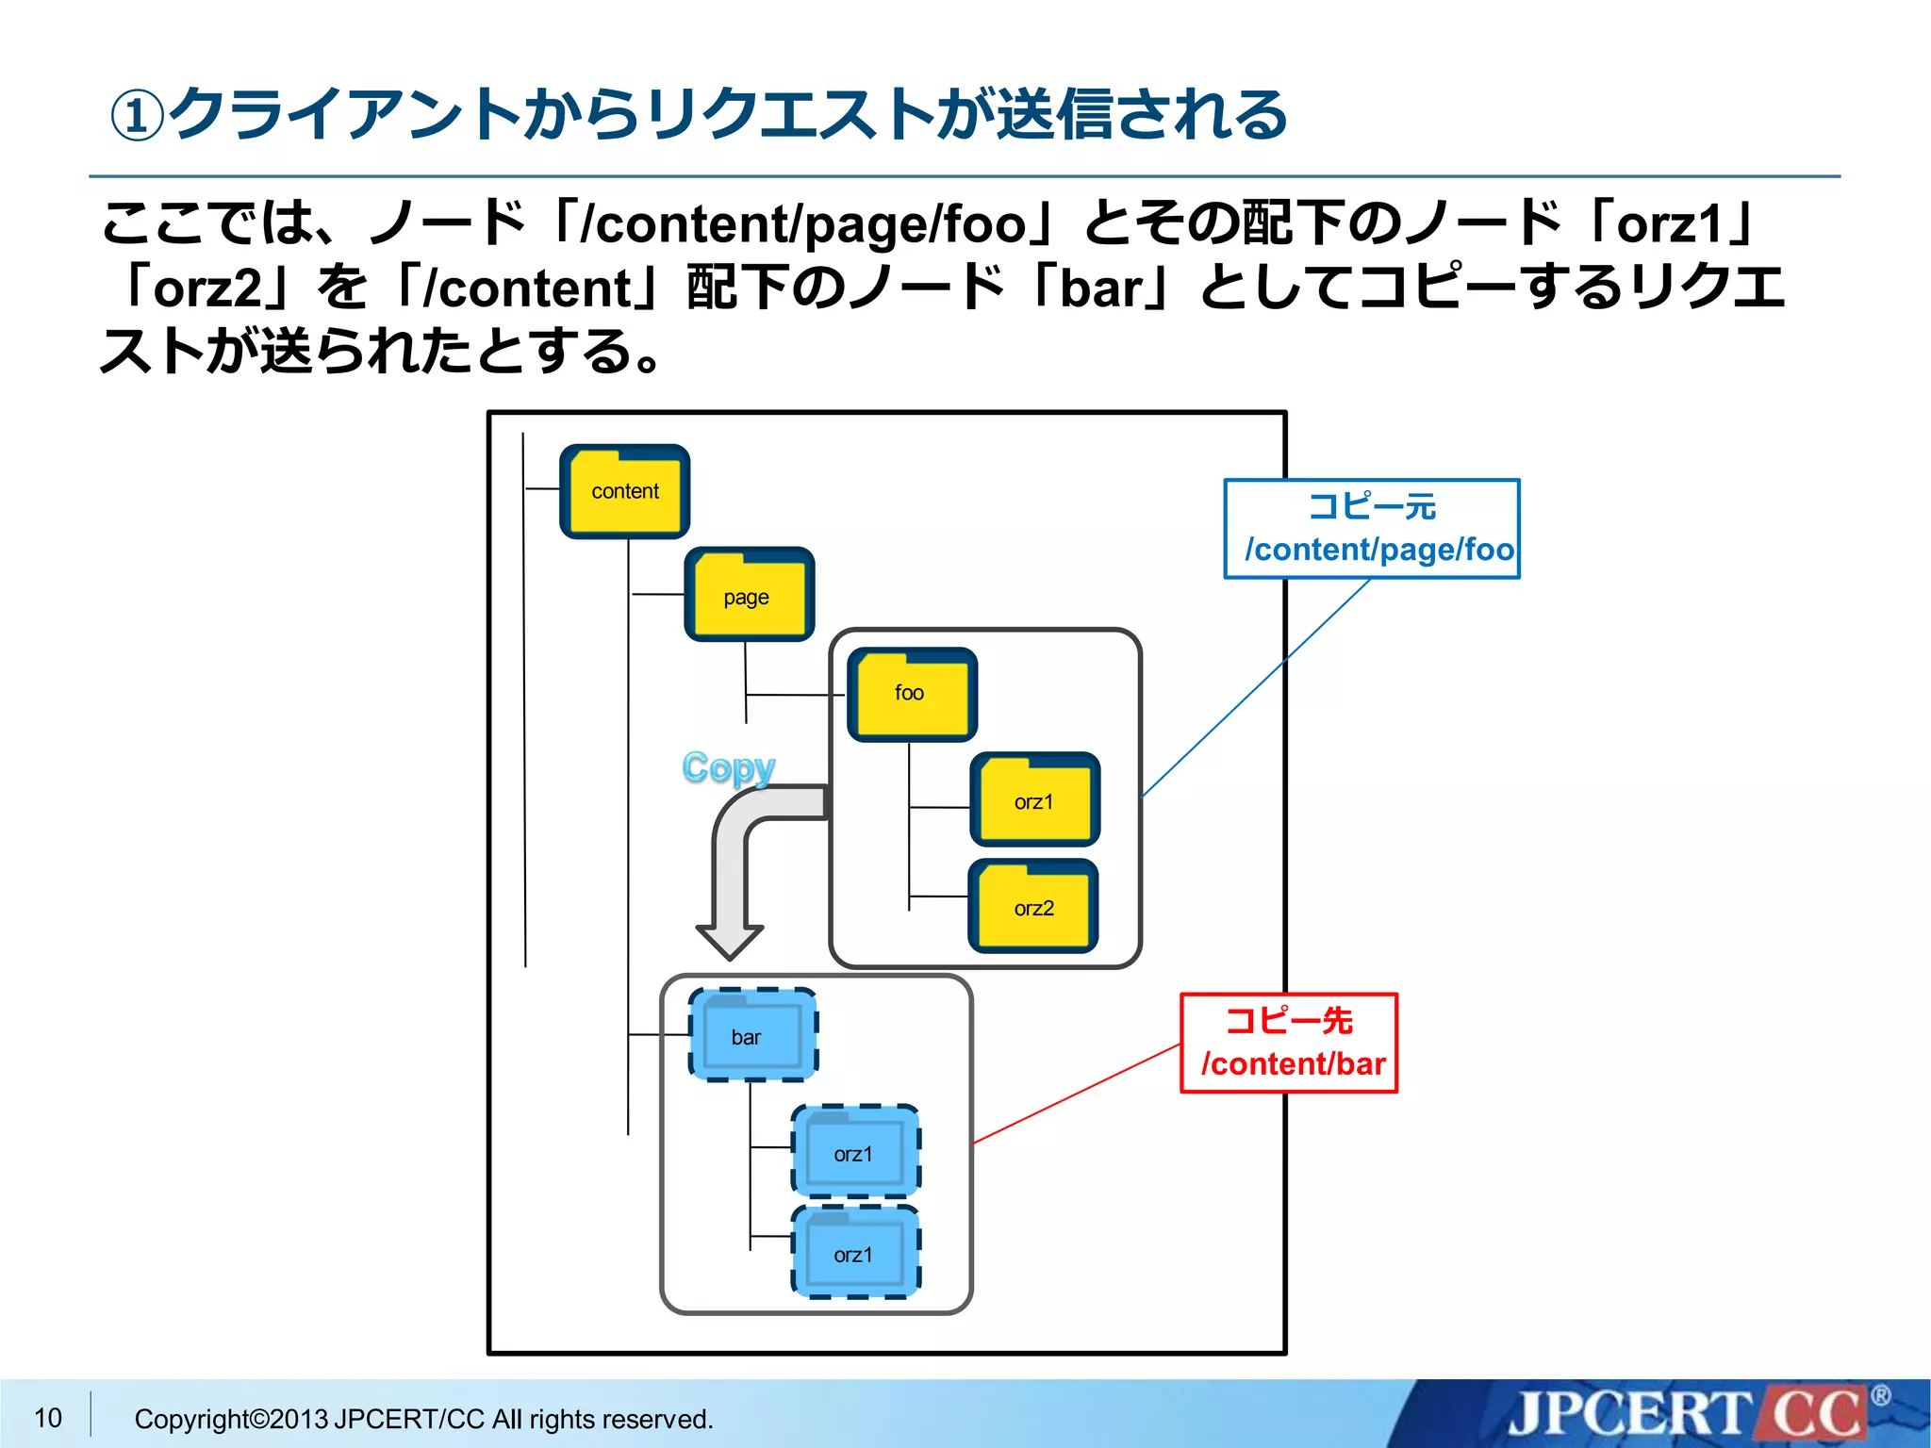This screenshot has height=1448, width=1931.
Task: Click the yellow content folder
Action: pyautogui.click(x=624, y=492)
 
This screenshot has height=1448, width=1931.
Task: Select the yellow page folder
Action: pyautogui.click(x=749, y=596)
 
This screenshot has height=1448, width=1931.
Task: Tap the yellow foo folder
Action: pyautogui.click(x=912, y=695)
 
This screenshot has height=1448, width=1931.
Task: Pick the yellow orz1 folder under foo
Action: pyautogui.click(x=1034, y=800)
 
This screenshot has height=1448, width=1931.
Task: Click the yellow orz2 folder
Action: pyautogui.click(x=1033, y=907)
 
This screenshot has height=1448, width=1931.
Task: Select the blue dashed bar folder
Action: pyautogui.click(x=752, y=1035)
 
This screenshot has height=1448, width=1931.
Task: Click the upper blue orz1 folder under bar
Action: pyautogui.click(x=855, y=1152)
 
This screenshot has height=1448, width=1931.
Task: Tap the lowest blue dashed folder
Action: pyautogui.click(x=855, y=1253)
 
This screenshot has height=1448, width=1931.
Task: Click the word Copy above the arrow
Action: pyautogui.click(x=728, y=768)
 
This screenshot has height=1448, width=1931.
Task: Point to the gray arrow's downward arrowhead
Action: pyautogui.click(x=729, y=942)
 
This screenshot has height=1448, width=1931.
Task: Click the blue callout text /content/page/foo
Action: pyautogui.click(x=1378, y=550)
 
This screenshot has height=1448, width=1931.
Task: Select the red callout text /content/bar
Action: pyautogui.click(x=1293, y=1064)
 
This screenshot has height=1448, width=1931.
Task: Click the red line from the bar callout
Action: pyautogui.click(x=1075, y=1094)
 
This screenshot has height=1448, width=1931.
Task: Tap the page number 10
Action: pyautogui.click(x=47, y=1418)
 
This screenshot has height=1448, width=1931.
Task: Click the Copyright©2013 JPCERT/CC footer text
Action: pyautogui.click(x=423, y=1419)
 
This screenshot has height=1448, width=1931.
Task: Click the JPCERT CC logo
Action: pyautogui.click(x=1688, y=1414)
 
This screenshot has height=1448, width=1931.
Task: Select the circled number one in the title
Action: pyautogui.click(x=138, y=117)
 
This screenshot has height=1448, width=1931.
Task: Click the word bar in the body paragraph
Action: pyautogui.click(x=1101, y=288)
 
